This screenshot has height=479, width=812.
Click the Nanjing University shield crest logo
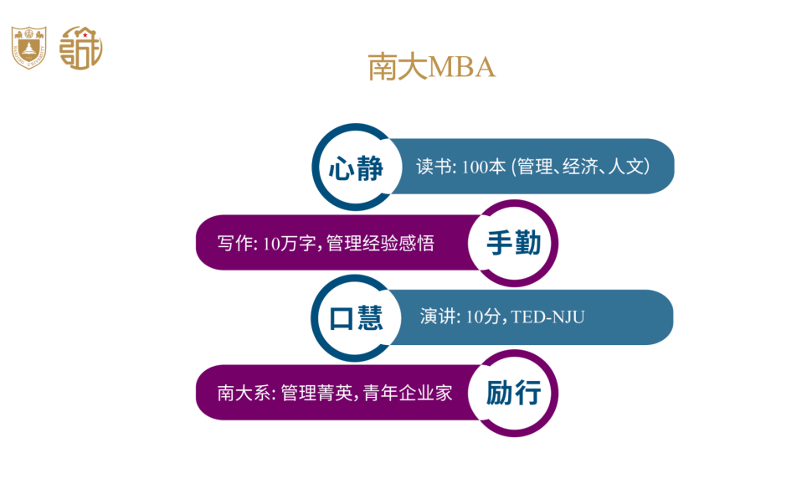click(x=29, y=48)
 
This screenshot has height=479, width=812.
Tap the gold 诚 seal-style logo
click(x=81, y=48)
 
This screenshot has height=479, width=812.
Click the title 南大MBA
click(x=431, y=67)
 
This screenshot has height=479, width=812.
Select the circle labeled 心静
click(x=357, y=167)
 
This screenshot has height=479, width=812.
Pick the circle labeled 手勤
click(x=513, y=243)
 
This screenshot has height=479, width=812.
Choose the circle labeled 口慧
click(x=356, y=318)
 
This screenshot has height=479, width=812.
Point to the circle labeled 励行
click(x=513, y=393)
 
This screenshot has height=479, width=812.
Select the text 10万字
click(x=289, y=243)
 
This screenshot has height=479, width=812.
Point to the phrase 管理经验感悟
click(x=380, y=243)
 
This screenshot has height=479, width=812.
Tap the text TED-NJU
click(x=548, y=317)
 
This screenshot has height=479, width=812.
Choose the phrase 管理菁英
click(x=317, y=393)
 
